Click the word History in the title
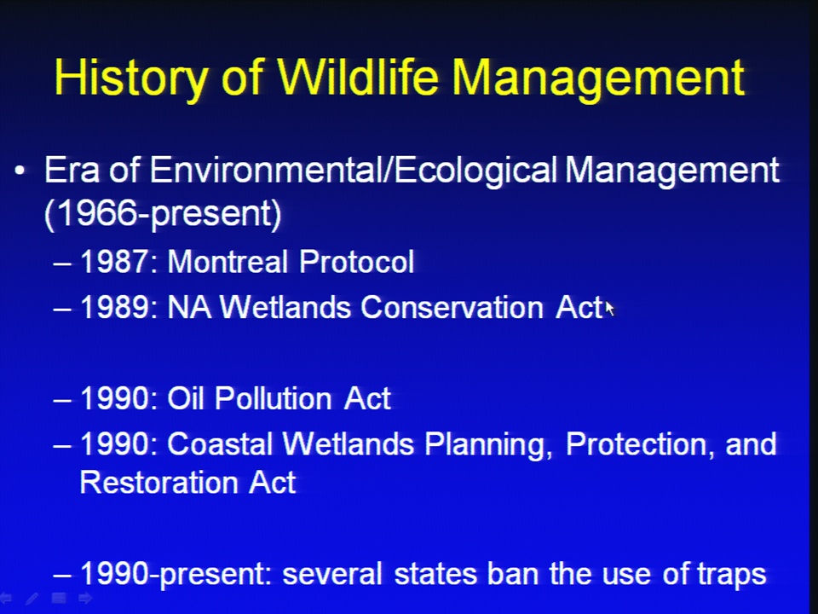(x=130, y=78)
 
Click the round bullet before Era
(x=20, y=171)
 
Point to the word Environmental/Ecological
(x=354, y=171)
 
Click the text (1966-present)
(x=163, y=213)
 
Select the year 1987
(x=115, y=261)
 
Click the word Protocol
(x=357, y=261)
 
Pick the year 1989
(x=115, y=306)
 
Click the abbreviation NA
(x=189, y=306)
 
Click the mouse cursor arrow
(x=609, y=308)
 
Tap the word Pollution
(x=274, y=398)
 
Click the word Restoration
(x=158, y=482)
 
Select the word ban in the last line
(x=513, y=573)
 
